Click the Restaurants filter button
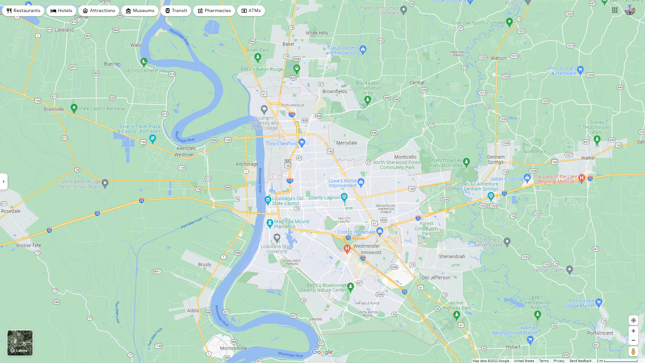tap(23, 11)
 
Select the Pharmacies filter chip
tap(214, 11)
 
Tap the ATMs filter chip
tap(251, 11)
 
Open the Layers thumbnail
tap(20, 343)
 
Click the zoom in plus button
tap(633, 331)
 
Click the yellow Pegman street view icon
tap(633, 352)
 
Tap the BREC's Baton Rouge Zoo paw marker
tap(297, 69)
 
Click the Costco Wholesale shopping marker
tap(380, 231)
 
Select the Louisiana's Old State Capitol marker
tap(268, 200)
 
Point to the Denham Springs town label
tap(496, 159)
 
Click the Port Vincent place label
tap(600, 333)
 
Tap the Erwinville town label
tap(54, 109)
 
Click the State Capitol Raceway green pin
tap(74, 108)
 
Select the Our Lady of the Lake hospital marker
tap(582, 178)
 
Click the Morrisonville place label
tap(233, 348)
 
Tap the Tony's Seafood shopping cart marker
tap(302, 143)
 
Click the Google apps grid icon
tap(615, 10)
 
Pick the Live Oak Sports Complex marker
tap(509, 22)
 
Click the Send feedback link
tap(580, 361)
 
